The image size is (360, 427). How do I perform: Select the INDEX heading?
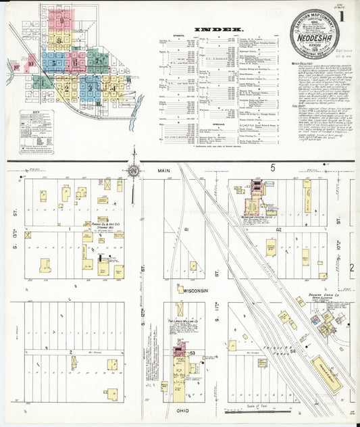(218, 29)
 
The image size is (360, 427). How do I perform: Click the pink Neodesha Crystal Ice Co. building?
(257, 188)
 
